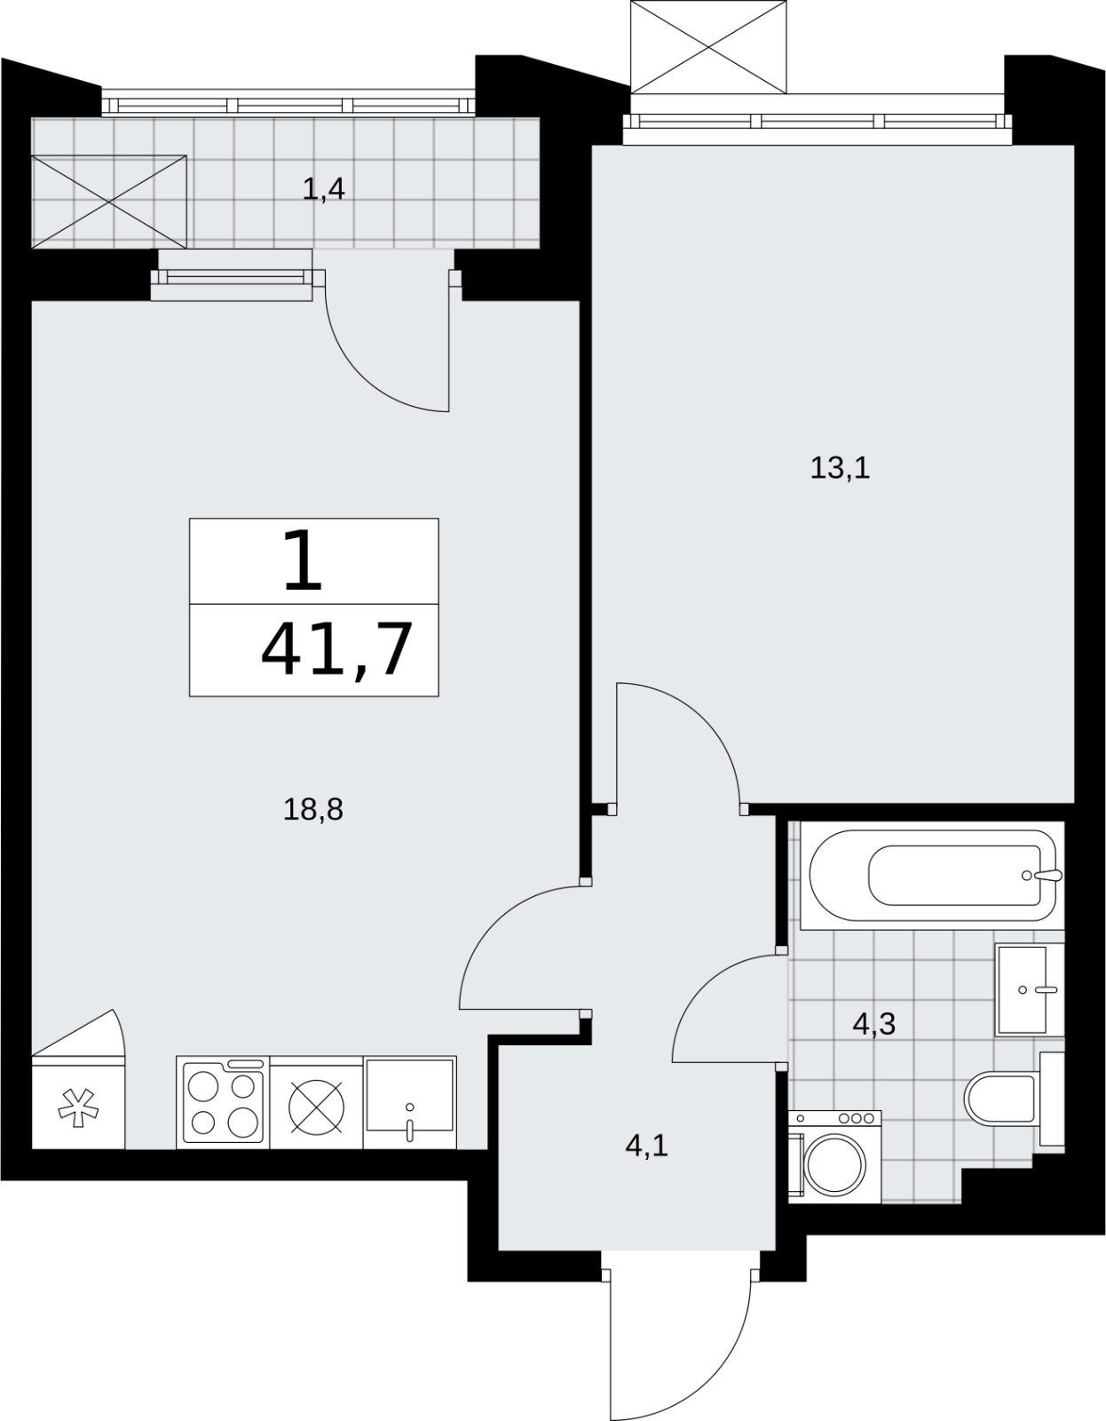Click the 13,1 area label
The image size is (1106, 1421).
pos(840,469)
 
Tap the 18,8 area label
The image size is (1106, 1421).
pos(313,810)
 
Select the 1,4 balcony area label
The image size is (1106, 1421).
pos(323,190)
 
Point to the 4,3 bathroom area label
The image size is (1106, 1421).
pos(873,1023)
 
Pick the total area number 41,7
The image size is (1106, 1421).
pos(337,649)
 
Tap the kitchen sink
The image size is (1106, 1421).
pos(409,1102)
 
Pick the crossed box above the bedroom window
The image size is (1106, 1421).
pos(709,47)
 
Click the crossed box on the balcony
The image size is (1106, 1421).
pos(109,202)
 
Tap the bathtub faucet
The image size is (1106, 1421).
pos(1044,875)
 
